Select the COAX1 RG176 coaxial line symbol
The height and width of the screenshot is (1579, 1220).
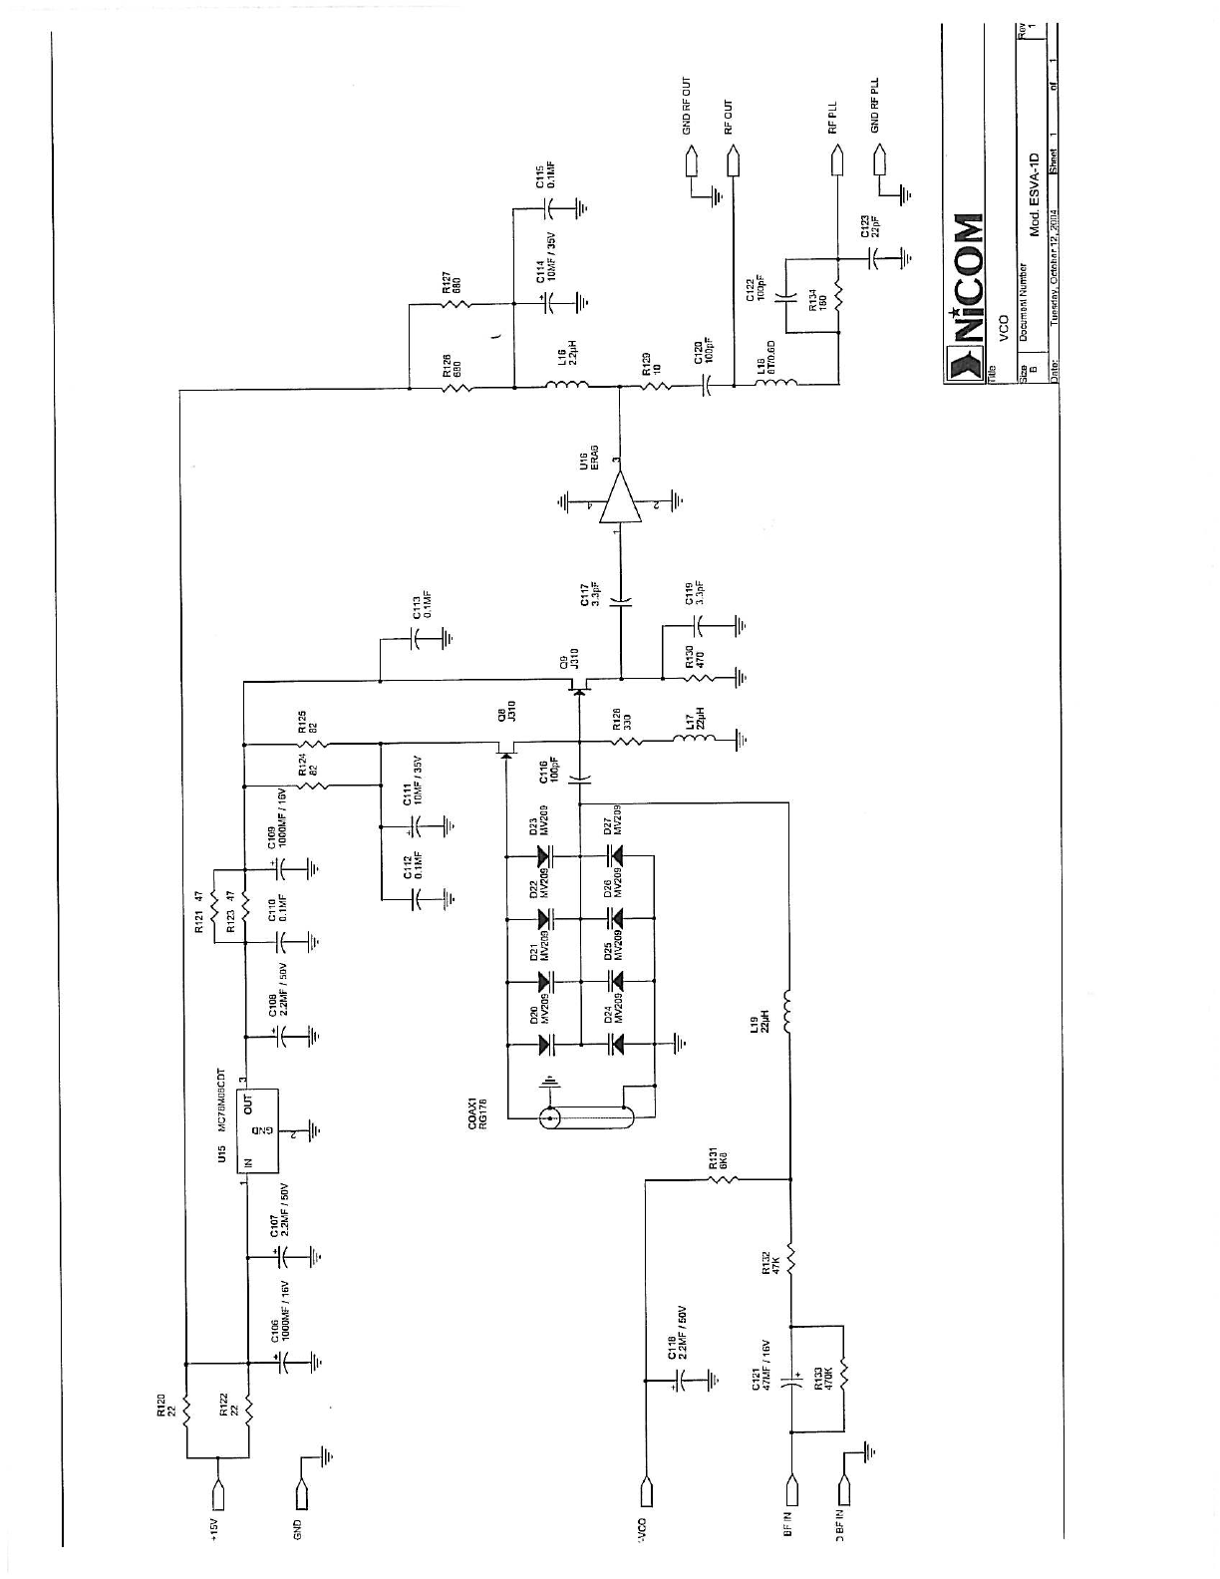pyautogui.click(x=588, y=1118)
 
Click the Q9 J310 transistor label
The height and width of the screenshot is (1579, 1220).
pyautogui.click(x=568, y=662)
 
